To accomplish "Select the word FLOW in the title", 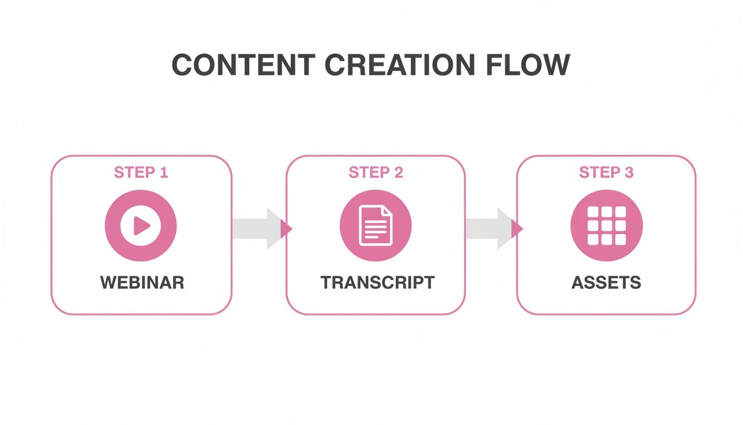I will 529,65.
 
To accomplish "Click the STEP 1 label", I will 141,173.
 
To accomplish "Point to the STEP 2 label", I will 376,173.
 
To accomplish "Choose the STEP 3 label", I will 606,173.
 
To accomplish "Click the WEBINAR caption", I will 142,282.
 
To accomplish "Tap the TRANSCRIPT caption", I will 378,282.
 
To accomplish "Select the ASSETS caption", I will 606,282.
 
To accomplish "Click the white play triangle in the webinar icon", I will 142,225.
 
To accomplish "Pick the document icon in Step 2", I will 376,225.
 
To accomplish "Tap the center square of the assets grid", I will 606,226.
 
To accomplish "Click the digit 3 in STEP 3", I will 629,173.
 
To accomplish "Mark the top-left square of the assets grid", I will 593,212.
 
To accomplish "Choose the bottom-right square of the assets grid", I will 620,239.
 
